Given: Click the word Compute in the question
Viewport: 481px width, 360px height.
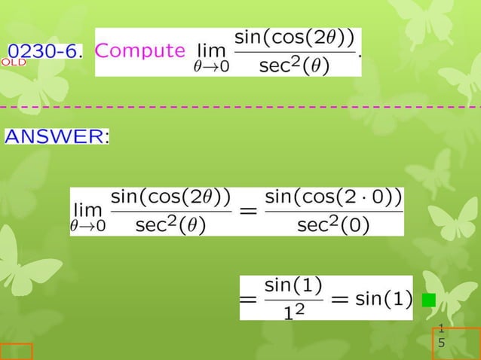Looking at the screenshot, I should pyautogui.click(x=141, y=51).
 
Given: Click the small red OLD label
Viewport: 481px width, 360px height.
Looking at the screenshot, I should pyautogui.click(x=14, y=63).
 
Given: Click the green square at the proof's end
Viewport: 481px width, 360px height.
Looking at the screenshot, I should pyautogui.click(x=428, y=300).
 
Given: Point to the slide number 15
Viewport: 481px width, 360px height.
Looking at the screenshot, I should pyautogui.click(x=442, y=336).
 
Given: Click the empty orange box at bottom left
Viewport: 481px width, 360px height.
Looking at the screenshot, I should pyautogui.click(x=16, y=351).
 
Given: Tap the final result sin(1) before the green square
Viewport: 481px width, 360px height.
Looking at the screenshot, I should pyautogui.click(x=383, y=299).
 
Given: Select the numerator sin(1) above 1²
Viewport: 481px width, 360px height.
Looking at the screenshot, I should pyautogui.click(x=294, y=285).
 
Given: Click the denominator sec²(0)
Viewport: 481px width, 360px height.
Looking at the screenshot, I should pyautogui.click(x=333, y=224).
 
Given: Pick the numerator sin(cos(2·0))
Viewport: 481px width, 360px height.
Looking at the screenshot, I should pyautogui.click(x=333, y=197).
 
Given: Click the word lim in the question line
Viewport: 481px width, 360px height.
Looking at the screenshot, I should pyautogui.click(x=211, y=51).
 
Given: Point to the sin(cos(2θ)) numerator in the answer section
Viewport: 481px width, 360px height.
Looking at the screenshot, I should pyautogui.click(x=170, y=197).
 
